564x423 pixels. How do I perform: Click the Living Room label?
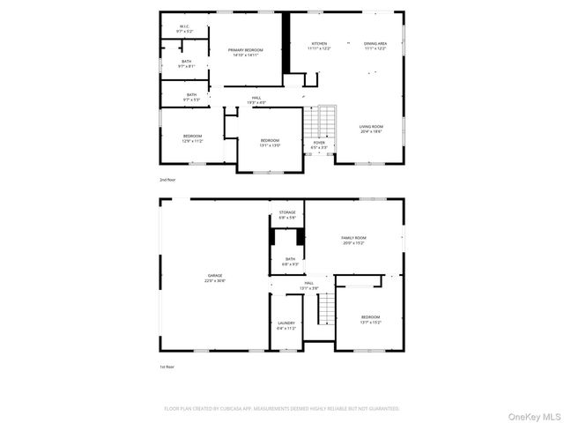371,130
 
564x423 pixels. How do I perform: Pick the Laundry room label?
286,325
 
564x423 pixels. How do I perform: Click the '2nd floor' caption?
167,180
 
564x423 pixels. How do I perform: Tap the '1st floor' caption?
167,366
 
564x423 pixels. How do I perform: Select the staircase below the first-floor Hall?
327,309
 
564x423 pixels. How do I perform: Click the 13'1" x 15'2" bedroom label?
370,319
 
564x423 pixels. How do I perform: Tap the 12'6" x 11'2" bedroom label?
192,138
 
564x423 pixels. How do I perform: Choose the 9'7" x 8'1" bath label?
187,63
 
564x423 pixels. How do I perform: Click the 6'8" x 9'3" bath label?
290,262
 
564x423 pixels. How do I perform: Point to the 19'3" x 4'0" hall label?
256,100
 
